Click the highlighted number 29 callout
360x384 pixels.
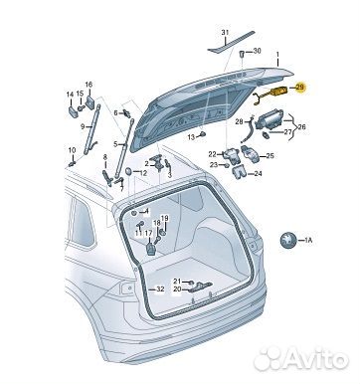click(299, 88)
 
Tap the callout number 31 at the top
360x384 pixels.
click(225, 33)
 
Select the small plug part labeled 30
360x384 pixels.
click(242, 54)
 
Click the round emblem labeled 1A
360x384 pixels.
click(287, 240)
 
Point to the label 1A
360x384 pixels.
click(308, 240)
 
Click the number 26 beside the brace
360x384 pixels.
click(301, 127)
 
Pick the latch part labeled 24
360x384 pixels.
click(239, 172)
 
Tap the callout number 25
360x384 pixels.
click(270, 155)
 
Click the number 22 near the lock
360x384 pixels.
click(212, 154)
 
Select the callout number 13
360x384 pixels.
click(191, 137)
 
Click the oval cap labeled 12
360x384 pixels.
click(128, 172)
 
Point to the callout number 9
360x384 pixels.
click(83, 126)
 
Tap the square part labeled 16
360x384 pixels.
click(90, 102)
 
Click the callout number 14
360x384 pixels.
click(70, 95)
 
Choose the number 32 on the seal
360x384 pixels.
click(160, 289)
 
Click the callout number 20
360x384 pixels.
click(177, 289)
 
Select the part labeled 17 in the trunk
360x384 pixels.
click(151, 249)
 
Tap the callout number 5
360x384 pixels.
click(115, 144)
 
